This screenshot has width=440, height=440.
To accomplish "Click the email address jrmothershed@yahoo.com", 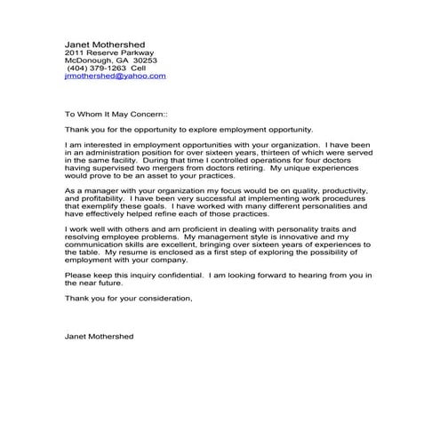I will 116,76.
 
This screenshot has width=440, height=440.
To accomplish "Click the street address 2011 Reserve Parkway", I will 109,52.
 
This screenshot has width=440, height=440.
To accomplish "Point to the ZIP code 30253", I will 145,60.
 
